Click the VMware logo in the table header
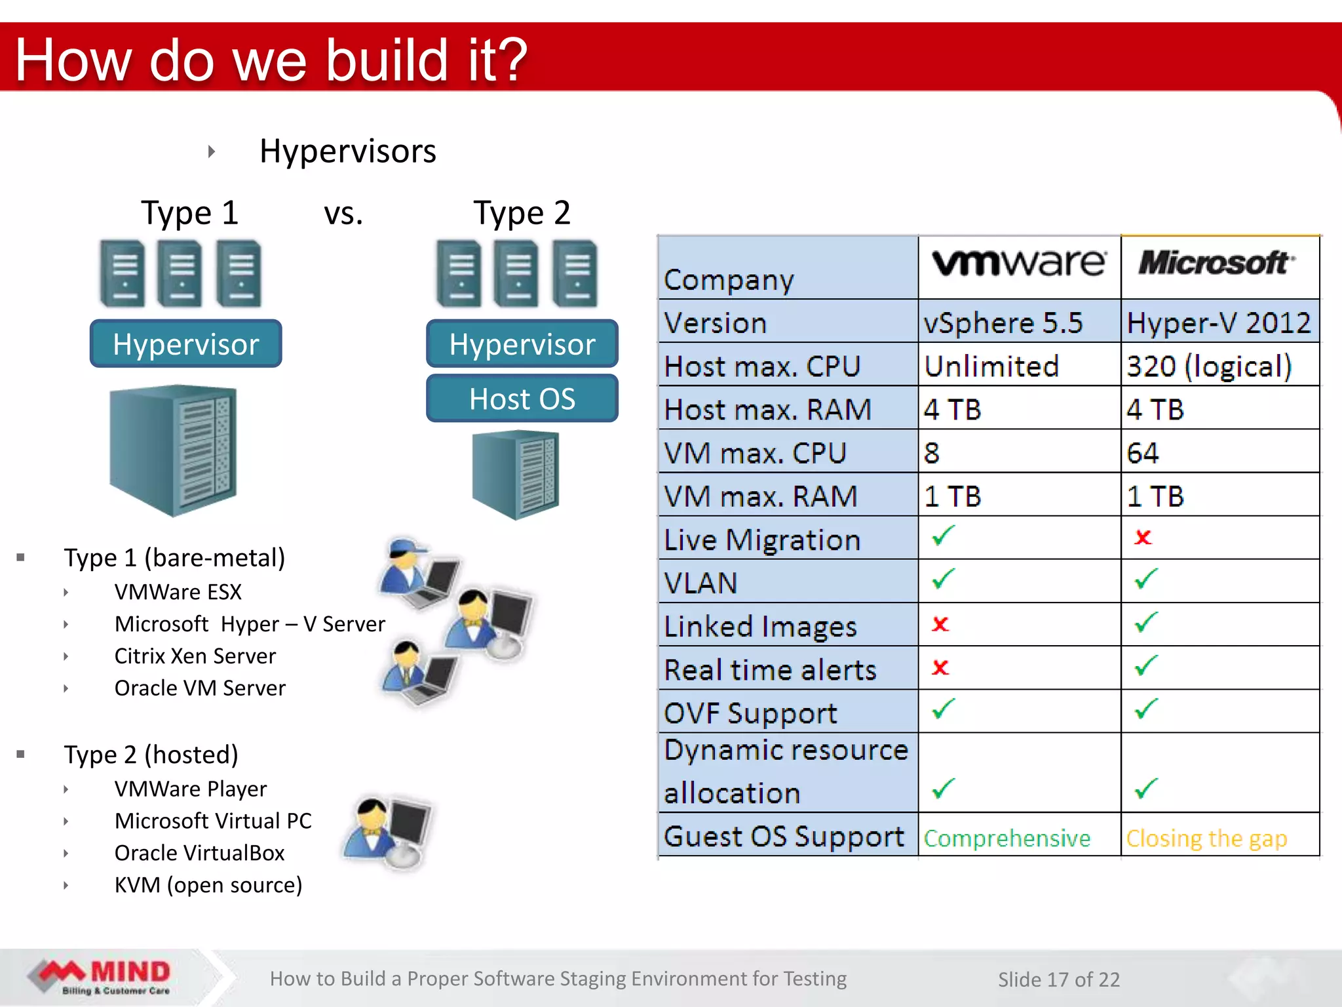coord(1019,264)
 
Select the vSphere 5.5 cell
coord(1003,323)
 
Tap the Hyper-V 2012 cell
coord(1218,323)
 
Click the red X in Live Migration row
coord(1143,538)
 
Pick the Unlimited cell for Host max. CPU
coord(991,366)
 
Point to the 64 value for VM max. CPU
coord(1143,453)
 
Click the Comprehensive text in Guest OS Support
coord(1007,839)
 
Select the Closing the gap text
coord(1206,839)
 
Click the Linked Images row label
coord(760,627)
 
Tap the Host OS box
coord(522,399)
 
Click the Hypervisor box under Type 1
coord(186,344)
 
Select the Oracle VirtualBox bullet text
coord(199,853)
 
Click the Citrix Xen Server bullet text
coord(195,656)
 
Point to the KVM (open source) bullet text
coord(208,885)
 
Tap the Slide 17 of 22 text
coord(1058,979)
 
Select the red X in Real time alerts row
coord(940,668)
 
